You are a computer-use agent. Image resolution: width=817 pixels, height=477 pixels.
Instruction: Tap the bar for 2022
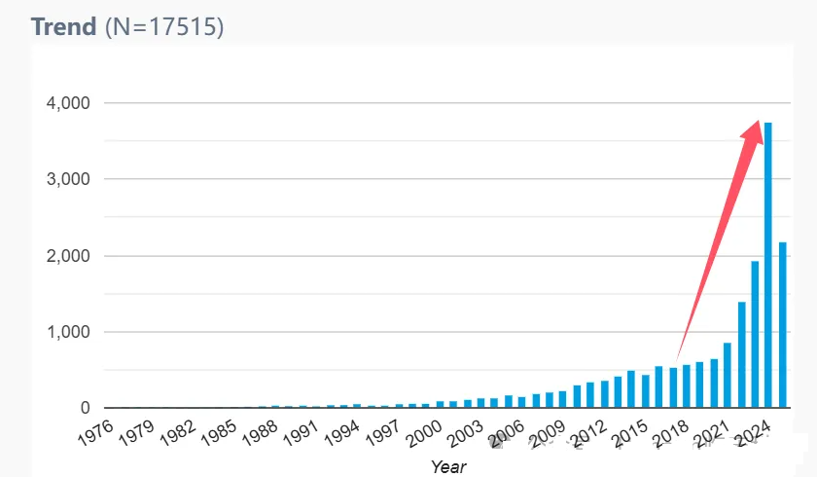[741, 354]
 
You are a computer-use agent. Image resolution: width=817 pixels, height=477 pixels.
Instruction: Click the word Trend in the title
[64, 27]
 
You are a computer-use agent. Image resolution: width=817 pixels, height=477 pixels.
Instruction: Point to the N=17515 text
[164, 27]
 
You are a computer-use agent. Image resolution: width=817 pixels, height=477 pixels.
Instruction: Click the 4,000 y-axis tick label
[68, 103]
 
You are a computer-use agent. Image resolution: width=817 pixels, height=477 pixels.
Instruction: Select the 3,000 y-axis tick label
[68, 179]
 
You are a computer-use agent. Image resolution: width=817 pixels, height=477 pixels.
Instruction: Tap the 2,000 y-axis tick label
[68, 256]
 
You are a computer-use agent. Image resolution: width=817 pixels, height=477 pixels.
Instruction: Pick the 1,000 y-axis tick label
[68, 332]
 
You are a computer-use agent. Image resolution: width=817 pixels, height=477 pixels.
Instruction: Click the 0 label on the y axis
[86, 408]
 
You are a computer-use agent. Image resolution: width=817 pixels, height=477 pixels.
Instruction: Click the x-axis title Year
[448, 467]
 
